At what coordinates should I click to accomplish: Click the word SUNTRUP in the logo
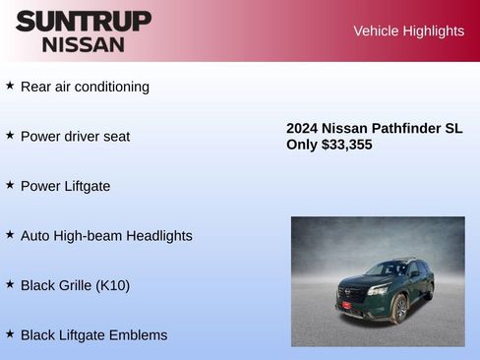[x=84, y=21]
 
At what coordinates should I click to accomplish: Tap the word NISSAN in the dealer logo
[x=84, y=44]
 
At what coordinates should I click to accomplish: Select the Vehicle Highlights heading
[x=408, y=31]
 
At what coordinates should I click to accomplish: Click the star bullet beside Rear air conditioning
[x=10, y=86]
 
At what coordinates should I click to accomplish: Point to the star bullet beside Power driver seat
[x=10, y=135]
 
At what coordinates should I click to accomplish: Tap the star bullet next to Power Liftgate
[x=10, y=185]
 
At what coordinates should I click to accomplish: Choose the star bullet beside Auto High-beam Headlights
[x=10, y=235]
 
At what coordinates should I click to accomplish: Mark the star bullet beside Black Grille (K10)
[x=10, y=284]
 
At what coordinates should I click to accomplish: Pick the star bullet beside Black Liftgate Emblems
[x=10, y=334]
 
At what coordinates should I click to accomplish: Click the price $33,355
[x=346, y=145]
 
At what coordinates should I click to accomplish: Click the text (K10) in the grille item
[x=112, y=285]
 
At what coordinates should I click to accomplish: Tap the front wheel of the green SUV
[x=399, y=310]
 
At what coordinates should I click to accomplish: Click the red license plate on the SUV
[x=345, y=306]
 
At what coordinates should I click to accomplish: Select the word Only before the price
[x=302, y=145]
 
